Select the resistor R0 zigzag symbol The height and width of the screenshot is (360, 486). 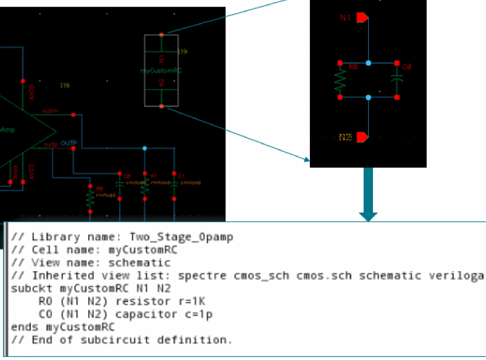pos(340,80)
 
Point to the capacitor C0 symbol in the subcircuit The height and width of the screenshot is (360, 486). pos(397,80)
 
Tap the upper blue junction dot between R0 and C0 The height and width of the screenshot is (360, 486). pos(368,63)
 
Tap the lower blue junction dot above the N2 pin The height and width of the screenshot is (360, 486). pos(368,97)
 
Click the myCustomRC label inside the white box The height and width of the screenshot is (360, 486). pos(160,71)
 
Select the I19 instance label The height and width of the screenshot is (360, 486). pos(183,52)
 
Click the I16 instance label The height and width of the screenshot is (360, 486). pos(65,85)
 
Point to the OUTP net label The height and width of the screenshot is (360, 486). pos(69,143)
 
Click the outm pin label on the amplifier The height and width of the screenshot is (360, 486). pos(49,111)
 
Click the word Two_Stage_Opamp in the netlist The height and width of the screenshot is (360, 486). pos(181,237)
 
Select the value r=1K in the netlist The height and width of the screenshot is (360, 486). pos(189,302)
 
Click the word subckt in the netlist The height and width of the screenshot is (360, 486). pos(28,289)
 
